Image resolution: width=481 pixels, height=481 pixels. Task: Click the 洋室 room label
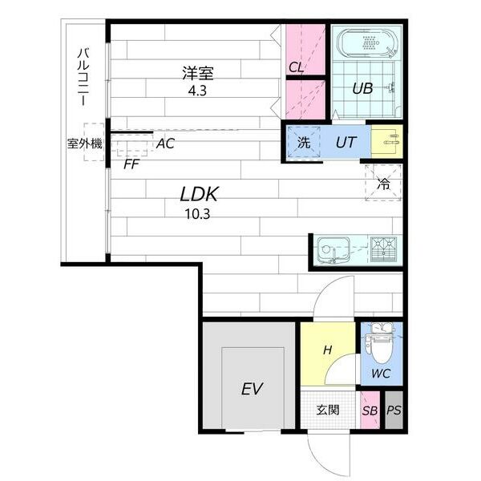tap(197, 73)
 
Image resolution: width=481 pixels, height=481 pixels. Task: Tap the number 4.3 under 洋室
tap(197, 91)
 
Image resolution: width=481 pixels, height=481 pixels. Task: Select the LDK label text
tap(199, 194)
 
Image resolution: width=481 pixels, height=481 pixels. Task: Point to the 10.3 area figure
tap(197, 214)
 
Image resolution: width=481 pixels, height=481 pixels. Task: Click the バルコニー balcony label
tap(83, 77)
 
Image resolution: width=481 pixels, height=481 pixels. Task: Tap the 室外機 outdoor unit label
tap(85, 143)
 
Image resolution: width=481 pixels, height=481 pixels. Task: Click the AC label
tap(165, 143)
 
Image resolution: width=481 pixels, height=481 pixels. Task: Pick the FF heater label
tap(131, 164)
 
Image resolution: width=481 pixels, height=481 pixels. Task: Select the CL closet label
tap(296, 67)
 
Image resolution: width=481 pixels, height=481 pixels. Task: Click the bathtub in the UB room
tap(367, 43)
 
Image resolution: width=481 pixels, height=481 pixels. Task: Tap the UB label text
tap(362, 89)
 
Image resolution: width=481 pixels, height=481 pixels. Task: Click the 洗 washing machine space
tap(304, 143)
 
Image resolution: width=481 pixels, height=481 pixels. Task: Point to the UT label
tap(346, 143)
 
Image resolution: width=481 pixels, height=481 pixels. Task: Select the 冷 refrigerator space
tap(383, 183)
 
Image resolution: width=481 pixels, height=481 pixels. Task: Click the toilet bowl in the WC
tap(381, 350)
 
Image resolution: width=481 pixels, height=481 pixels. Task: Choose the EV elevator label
tap(252, 389)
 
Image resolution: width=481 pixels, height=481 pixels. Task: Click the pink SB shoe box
tap(370, 410)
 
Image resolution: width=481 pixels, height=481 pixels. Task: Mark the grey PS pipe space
tap(394, 410)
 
